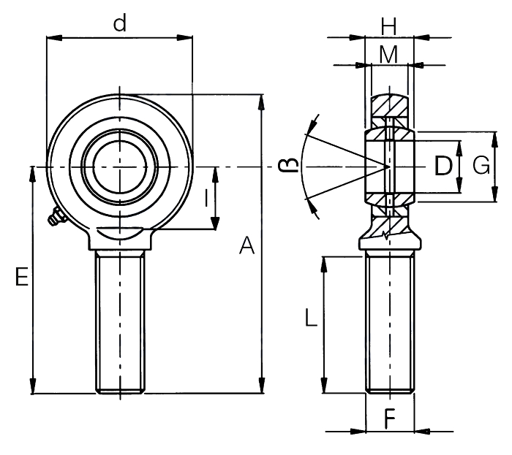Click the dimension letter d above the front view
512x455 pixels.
click(x=120, y=24)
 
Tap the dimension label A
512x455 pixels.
click(x=247, y=245)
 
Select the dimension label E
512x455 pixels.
click(x=22, y=277)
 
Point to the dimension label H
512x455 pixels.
click(x=388, y=26)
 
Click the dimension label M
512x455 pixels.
click(x=388, y=54)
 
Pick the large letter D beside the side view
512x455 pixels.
click(x=443, y=166)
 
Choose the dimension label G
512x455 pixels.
click(x=481, y=165)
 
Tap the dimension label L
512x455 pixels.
click(x=311, y=318)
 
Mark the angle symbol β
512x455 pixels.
click(x=288, y=164)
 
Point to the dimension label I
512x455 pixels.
click(x=206, y=198)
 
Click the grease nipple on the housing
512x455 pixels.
click(x=56, y=217)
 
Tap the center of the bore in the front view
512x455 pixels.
click(x=120, y=167)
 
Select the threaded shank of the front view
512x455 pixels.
click(x=120, y=322)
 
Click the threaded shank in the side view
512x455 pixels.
click(x=390, y=322)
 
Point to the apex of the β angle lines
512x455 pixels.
click(x=389, y=167)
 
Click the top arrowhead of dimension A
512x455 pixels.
click(x=261, y=102)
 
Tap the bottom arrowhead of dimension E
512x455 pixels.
click(x=33, y=386)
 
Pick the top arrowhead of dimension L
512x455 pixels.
click(x=324, y=264)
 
